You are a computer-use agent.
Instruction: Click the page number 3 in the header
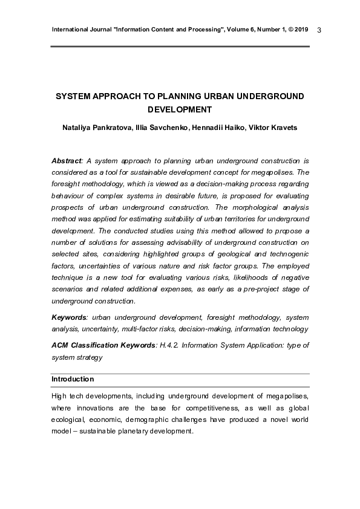coord(319,30)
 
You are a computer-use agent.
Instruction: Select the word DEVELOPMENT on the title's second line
coord(180,110)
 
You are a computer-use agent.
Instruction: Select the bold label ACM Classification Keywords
coord(103,345)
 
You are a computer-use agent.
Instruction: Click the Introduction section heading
coord(73,379)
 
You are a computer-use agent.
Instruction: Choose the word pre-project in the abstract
coord(257,289)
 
